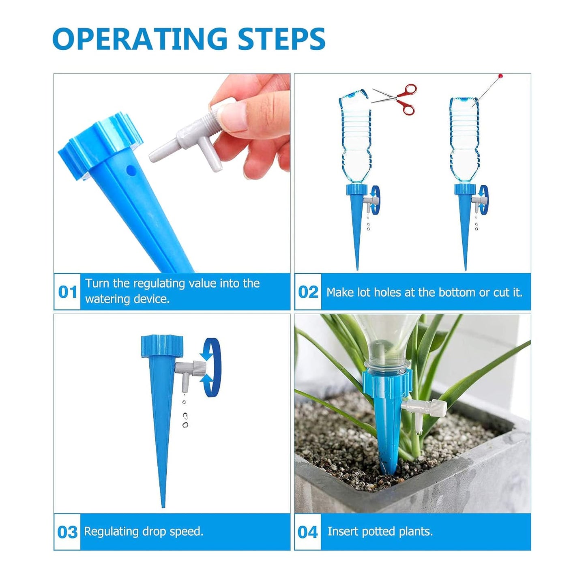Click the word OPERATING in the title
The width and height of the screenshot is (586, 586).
point(140,39)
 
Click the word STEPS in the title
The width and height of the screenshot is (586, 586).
point(281,39)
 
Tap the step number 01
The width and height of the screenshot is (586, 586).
point(67,292)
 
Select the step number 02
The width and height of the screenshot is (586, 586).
point(308,292)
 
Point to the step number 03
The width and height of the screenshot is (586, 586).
point(67,532)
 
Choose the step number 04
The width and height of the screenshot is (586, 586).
point(308,532)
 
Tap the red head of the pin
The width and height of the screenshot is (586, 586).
point(501,76)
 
